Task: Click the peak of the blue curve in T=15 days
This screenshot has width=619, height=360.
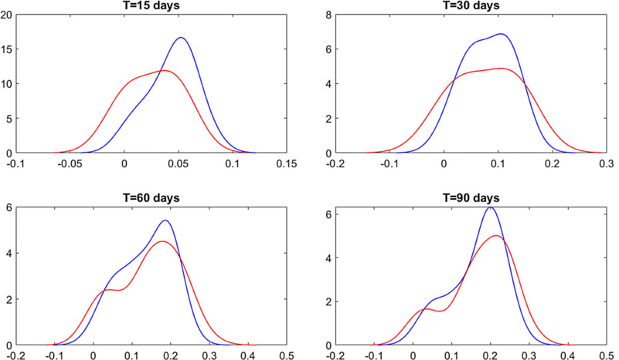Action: (x=181, y=38)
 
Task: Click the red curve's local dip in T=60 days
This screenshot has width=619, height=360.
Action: (x=118, y=290)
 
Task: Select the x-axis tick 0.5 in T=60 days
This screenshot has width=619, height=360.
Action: (x=287, y=355)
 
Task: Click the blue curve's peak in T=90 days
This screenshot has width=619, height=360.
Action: (x=491, y=207)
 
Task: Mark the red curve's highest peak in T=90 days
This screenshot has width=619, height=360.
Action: (x=496, y=236)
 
